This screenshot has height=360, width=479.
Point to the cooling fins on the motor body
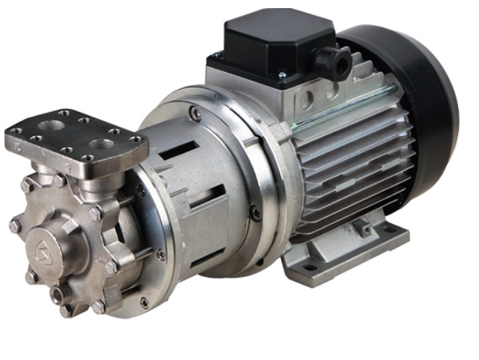(x=351, y=169)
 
